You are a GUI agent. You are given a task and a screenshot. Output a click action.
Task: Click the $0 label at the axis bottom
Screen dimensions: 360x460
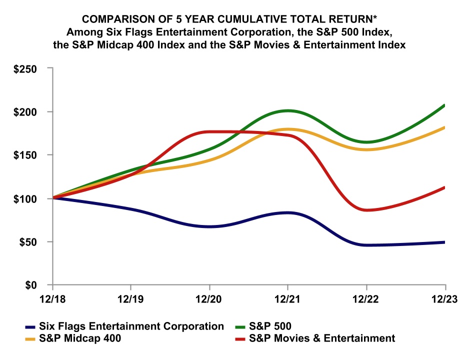tap(34, 285)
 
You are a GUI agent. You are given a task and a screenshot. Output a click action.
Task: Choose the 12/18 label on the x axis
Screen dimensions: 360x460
tap(52, 300)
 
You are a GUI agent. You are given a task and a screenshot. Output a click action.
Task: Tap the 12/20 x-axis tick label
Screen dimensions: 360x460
tap(209, 300)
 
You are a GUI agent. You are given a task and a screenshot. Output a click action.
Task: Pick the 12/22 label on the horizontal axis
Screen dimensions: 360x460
tap(366, 300)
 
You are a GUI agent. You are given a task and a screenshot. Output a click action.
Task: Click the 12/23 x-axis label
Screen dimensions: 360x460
tap(444, 300)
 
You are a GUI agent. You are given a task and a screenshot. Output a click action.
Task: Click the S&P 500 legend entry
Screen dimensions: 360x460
tap(270, 326)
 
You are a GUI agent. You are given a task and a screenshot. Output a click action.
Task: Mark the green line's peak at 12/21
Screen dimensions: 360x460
tap(287, 110)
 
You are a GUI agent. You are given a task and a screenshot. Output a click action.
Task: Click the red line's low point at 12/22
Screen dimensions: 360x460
tap(366, 210)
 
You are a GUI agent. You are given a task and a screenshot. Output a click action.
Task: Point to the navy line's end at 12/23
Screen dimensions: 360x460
tap(444, 242)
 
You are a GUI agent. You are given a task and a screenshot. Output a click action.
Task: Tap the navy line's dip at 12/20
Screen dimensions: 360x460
tap(209, 226)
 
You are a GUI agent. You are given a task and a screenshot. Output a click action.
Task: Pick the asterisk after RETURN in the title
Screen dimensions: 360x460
tap(376, 18)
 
